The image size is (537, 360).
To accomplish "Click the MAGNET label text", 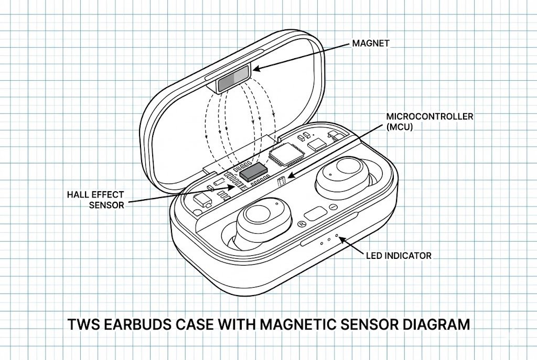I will coord(371,43).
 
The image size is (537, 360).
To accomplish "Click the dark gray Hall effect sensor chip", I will coord(253,172).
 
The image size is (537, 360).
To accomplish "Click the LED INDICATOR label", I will coord(399,256).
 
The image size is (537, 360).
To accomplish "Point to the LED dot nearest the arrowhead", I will coord(336,237).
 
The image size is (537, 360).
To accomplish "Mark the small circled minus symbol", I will coord(332,208).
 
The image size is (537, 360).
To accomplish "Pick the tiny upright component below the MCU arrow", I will coord(281,182).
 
